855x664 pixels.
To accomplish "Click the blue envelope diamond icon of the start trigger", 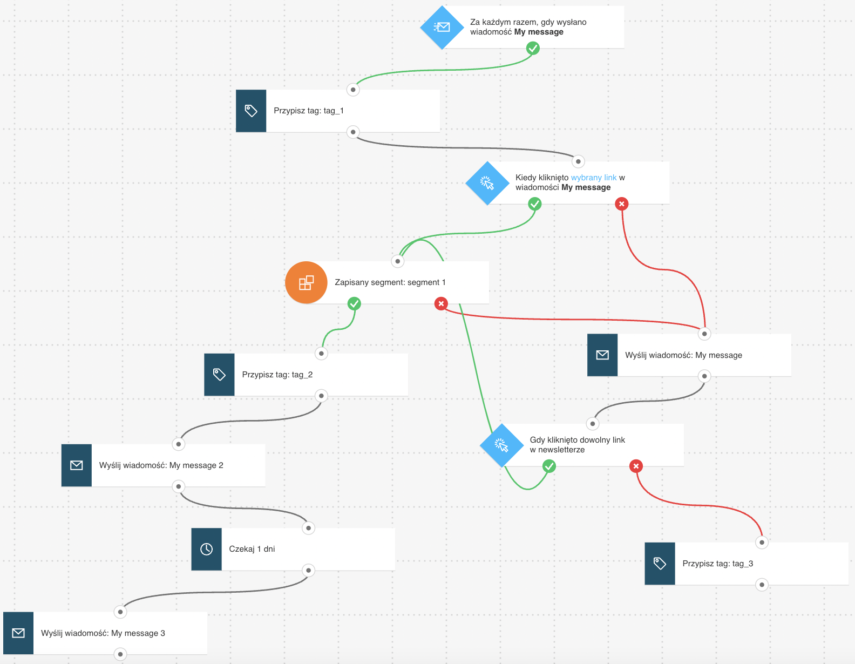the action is [442, 27].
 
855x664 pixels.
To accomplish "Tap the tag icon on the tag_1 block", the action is [251, 111].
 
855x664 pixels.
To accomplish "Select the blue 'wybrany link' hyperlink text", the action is [593, 178].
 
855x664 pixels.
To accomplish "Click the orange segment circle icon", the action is [306, 282].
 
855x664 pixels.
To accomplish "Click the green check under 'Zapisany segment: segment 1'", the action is [354, 304].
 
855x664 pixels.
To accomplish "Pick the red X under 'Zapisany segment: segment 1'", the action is [441, 304].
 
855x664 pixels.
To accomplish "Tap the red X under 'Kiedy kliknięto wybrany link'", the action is [622, 204].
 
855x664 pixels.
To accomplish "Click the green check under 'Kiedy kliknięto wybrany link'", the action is [535, 204].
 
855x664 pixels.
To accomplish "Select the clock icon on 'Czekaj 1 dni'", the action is [207, 549].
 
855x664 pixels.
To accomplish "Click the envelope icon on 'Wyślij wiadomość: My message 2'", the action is [76, 465].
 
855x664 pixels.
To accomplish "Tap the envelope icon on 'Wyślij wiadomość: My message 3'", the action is [18, 633].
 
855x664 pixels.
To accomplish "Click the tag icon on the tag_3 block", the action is [660, 564].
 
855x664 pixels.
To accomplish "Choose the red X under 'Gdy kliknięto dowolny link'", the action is [636, 466].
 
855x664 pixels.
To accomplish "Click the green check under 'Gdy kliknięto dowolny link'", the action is [549, 466].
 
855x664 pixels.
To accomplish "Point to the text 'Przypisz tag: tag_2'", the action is [277, 375].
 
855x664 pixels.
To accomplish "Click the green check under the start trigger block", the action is [533, 49].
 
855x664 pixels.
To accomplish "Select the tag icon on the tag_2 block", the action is [219, 375].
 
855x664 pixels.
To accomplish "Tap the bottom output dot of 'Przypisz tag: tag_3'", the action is [762, 585].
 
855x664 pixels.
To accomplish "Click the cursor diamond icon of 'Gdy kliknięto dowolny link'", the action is [501, 445].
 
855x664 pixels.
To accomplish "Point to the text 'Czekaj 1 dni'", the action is [252, 549].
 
